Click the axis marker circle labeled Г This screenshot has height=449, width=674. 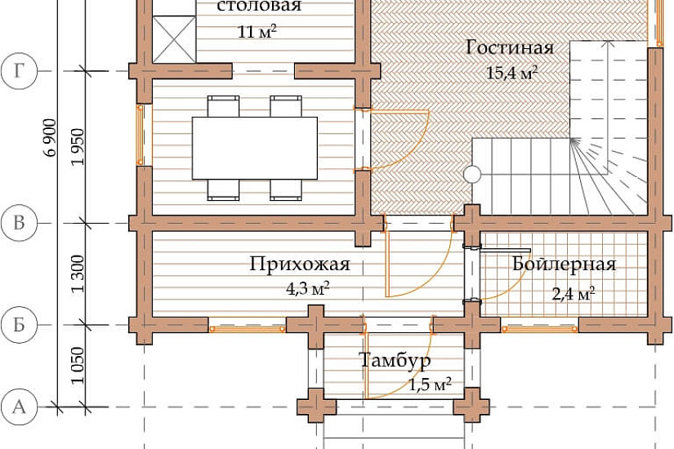click(x=19, y=71)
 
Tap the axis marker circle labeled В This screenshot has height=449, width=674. click(x=19, y=223)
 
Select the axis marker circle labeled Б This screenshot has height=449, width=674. click(x=19, y=325)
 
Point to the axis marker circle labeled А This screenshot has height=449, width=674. click(x=19, y=407)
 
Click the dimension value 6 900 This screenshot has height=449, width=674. click(x=51, y=137)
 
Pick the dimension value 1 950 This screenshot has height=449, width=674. click(x=78, y=147)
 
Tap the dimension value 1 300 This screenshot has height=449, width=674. click(x=78, y=274)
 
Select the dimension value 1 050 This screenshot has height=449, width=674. click(x=78, y=366)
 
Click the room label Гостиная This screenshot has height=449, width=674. click(x=510, y=47)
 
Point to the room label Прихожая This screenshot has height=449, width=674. click(x=300, y=265)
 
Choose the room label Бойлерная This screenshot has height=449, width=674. click(x=564, y=265)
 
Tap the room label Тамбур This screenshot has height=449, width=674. click(x=395, y=360)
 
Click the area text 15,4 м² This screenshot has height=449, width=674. click(x=512, y=73)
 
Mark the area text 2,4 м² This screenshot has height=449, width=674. click(x=574, y=295)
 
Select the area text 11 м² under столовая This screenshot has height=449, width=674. click(x=257, y=31)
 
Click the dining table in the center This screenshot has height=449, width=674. click(x=254, y=148)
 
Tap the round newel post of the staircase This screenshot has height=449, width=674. click(x=472, y=175)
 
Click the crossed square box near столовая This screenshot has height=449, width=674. click(x=174, y=39)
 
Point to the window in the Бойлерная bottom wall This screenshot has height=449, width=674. click(x=539, y=329)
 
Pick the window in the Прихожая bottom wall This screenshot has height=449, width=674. click(x=248, y=329)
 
